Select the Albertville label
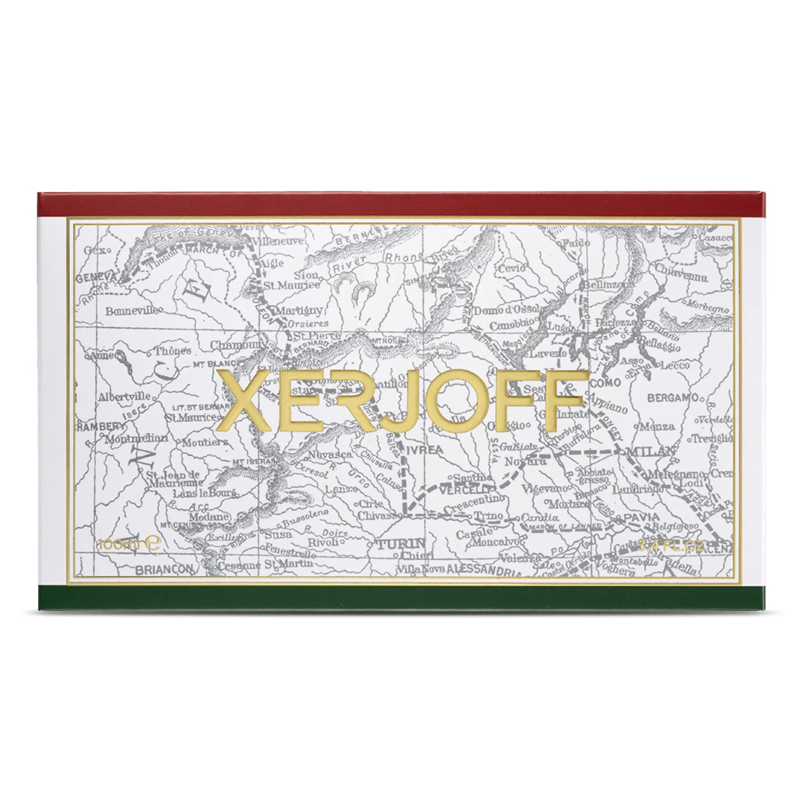pyautogui.click(x=124, y=397)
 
